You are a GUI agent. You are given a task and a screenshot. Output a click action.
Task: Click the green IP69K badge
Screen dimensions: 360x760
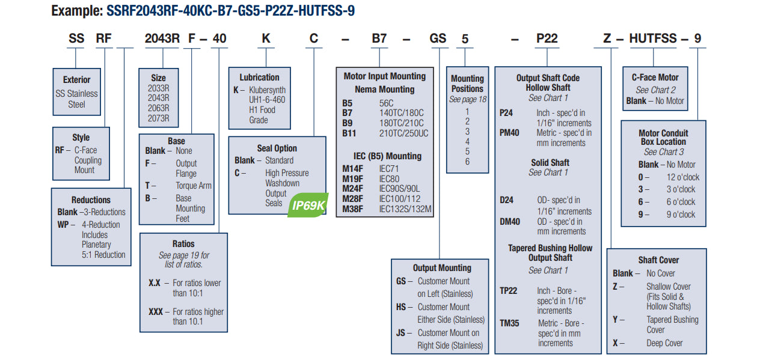(x=308, y=206)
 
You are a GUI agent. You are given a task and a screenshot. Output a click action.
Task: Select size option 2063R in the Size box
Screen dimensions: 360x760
(x=159, y=108)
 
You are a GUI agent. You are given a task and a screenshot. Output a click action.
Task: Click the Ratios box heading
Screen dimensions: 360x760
(x=183, y=243)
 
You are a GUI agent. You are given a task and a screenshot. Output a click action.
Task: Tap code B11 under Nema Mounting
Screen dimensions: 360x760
(x=350, y=133)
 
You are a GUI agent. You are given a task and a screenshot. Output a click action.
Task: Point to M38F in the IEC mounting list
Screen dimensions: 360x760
(x=353, y=209)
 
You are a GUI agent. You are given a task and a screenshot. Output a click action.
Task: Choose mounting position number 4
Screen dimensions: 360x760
(x=467, y=141)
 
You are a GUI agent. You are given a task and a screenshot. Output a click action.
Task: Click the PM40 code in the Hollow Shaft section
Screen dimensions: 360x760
(x=509, y=133)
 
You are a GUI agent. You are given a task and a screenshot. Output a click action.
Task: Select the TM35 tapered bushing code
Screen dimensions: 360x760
(x=509, y=323)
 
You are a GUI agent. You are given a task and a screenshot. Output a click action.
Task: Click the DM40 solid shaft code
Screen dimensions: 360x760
(x=509, y=221)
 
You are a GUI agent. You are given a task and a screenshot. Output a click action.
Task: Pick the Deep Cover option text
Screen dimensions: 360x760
(x=664, y=343)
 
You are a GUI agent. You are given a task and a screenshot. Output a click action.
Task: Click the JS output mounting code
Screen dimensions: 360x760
(x=401, y=332)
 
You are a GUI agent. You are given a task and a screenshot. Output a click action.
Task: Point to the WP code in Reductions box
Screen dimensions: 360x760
(x=64, y=224)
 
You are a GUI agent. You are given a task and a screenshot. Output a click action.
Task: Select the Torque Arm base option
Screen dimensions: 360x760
(x=194, y=186)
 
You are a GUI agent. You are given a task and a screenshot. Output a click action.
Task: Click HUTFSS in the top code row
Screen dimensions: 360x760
(x=653, y=38)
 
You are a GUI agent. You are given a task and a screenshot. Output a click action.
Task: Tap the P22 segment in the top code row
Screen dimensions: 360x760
(x=547, y=38)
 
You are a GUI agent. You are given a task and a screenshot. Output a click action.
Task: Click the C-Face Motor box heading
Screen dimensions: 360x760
(x=655, y=78)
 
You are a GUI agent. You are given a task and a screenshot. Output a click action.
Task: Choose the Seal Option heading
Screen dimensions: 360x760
(x=277, y=148)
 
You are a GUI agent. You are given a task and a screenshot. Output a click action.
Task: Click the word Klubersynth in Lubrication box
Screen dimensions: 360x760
(x=268, y=90)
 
